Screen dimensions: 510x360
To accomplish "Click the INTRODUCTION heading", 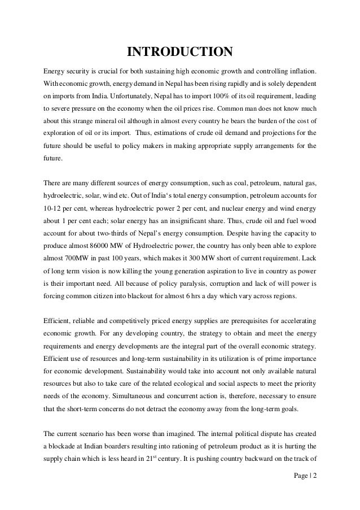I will [179, 53].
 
